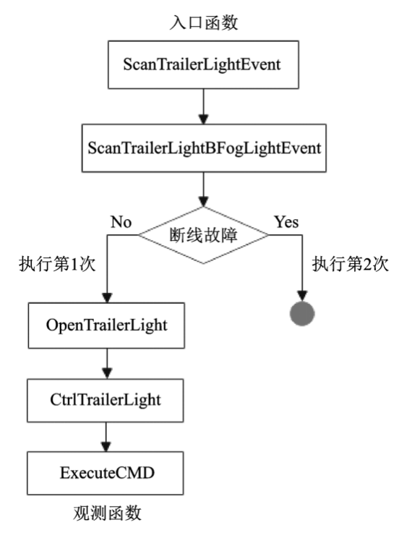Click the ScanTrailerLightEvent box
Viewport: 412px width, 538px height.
point(203,65)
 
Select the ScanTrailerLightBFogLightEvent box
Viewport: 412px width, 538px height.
point(204,148)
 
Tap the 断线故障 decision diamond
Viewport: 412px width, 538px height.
point(203,235)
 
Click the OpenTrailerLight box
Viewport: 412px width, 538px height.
point(106,325)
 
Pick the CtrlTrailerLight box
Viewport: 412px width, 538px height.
point(106,401)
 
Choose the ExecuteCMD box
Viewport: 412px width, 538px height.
point(106,473)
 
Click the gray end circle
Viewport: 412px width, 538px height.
point(302,314)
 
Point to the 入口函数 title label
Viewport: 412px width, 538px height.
point(204,22)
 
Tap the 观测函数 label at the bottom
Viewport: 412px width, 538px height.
point(107,513)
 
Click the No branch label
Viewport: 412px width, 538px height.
point(121,222)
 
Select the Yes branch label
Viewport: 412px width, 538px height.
point(286,222)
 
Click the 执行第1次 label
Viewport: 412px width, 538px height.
point(57,264)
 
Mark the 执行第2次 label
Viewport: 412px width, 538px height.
point(351,264)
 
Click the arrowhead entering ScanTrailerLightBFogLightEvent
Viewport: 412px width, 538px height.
point(204,119)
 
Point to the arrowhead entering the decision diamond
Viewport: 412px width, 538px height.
point(204,202)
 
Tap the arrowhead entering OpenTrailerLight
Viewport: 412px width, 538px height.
point(108,297)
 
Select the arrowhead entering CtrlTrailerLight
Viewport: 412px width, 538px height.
point(108,374)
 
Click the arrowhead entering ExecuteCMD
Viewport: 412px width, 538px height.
point(106,447)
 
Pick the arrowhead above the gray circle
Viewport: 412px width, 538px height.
point(302,296)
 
